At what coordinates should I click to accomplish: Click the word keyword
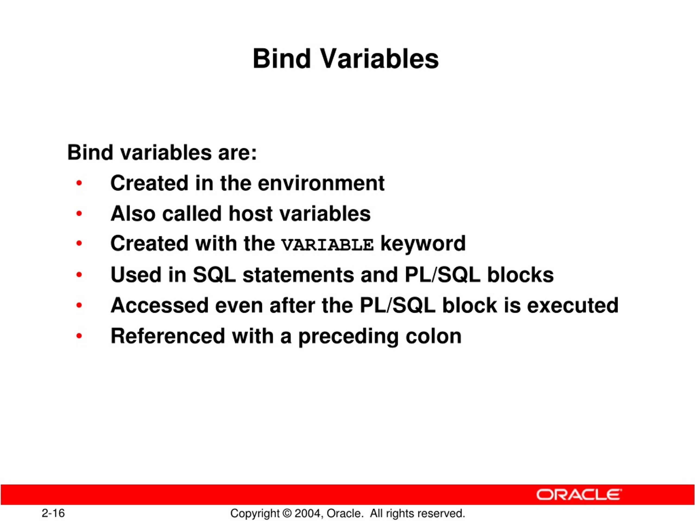[423, 244]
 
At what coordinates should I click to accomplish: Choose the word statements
[298, 275]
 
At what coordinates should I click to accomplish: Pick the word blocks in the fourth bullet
[520, 275]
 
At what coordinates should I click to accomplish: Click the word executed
[573, 305]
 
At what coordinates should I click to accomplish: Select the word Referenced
[168, 336]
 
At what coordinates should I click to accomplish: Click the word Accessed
[160, 305]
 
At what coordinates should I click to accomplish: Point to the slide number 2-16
[53, 513]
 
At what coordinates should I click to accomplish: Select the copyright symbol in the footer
[287, 513]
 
